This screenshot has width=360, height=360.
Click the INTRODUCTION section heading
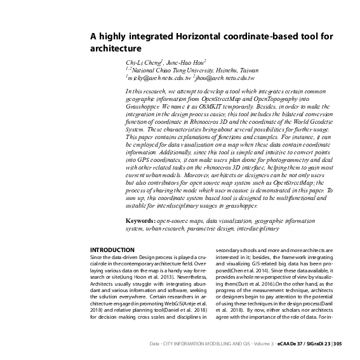tap(112, 250)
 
